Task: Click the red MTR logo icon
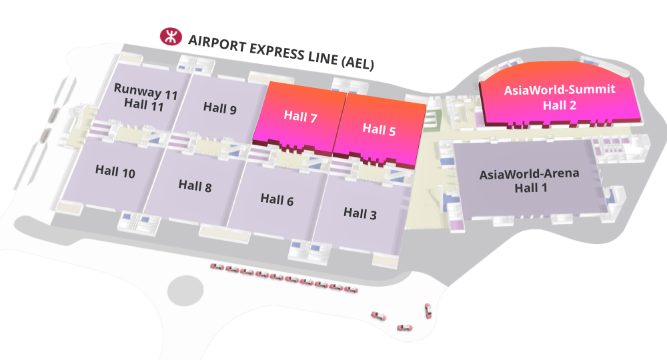click(x=171, y=37)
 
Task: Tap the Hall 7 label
click(x=300, y=116)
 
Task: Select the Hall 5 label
click(x=379, y=129)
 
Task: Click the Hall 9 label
click(x=220, y=108)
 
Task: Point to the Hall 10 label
click(x=115, y=171)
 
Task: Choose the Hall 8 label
click(x=195, y=186)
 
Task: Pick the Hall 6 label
click(x=277, y=200)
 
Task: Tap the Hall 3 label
click(x=360, y=213)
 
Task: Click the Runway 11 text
click(x=145, y=91)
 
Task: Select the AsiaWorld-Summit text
click(x=560, y=90)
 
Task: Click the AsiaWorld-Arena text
click(x=529, y=174)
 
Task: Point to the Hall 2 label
click(x=560, y=105)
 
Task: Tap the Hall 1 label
click(x=531, y=187)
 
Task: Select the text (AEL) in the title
click(x=358, y=61)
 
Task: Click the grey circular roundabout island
click(x=185, y=291)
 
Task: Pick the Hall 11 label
click(x=144, y=104)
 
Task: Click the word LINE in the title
click(x=322, y=57)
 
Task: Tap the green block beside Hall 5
click(x=434, y=119)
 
